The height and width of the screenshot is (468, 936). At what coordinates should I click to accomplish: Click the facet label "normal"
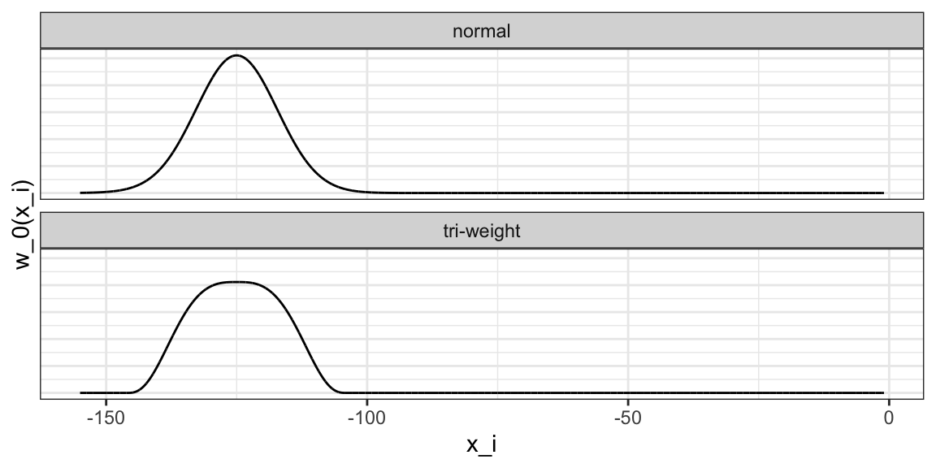[x=482, y=32]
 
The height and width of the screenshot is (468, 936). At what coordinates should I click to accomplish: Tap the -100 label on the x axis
[x=366, y=418]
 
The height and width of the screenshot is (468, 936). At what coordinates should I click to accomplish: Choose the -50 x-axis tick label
[x=627, y=418]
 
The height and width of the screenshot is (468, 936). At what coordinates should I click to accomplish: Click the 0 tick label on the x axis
[x=889, y=418]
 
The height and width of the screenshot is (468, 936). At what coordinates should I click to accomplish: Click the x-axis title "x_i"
[x=482, y=445]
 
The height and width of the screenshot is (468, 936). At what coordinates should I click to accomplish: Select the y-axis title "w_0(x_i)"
[x=24, y=223]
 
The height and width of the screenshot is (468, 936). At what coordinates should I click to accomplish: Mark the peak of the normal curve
[x=236, y=55]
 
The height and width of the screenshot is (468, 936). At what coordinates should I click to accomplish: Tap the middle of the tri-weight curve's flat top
[x=236, y=282]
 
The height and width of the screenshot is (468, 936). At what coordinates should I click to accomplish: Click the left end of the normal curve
[x=80, y=193]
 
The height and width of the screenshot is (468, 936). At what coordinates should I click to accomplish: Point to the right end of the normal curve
[x=883, y=193]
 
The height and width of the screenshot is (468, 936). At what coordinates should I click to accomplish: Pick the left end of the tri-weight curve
[x=80, y=392]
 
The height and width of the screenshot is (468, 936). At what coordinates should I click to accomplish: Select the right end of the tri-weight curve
[x=883, y=392]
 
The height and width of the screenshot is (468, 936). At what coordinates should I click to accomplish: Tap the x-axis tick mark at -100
[x=366, y=402]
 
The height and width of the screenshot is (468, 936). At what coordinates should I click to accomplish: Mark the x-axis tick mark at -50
[x=627, y=402]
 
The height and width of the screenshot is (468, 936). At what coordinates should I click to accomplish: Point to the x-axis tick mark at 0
[x=889, y=402]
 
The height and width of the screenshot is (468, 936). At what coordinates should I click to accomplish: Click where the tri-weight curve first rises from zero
[x=132, y=392]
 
